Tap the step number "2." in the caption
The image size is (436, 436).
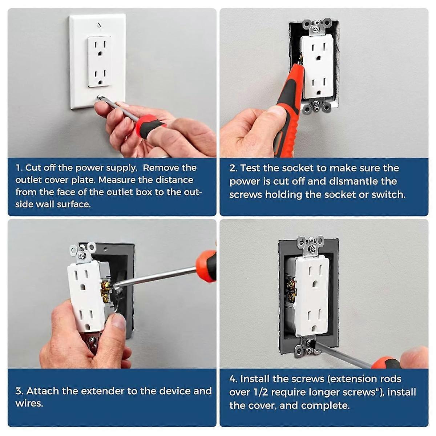point(233,168)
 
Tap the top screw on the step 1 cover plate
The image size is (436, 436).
point(99,25)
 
